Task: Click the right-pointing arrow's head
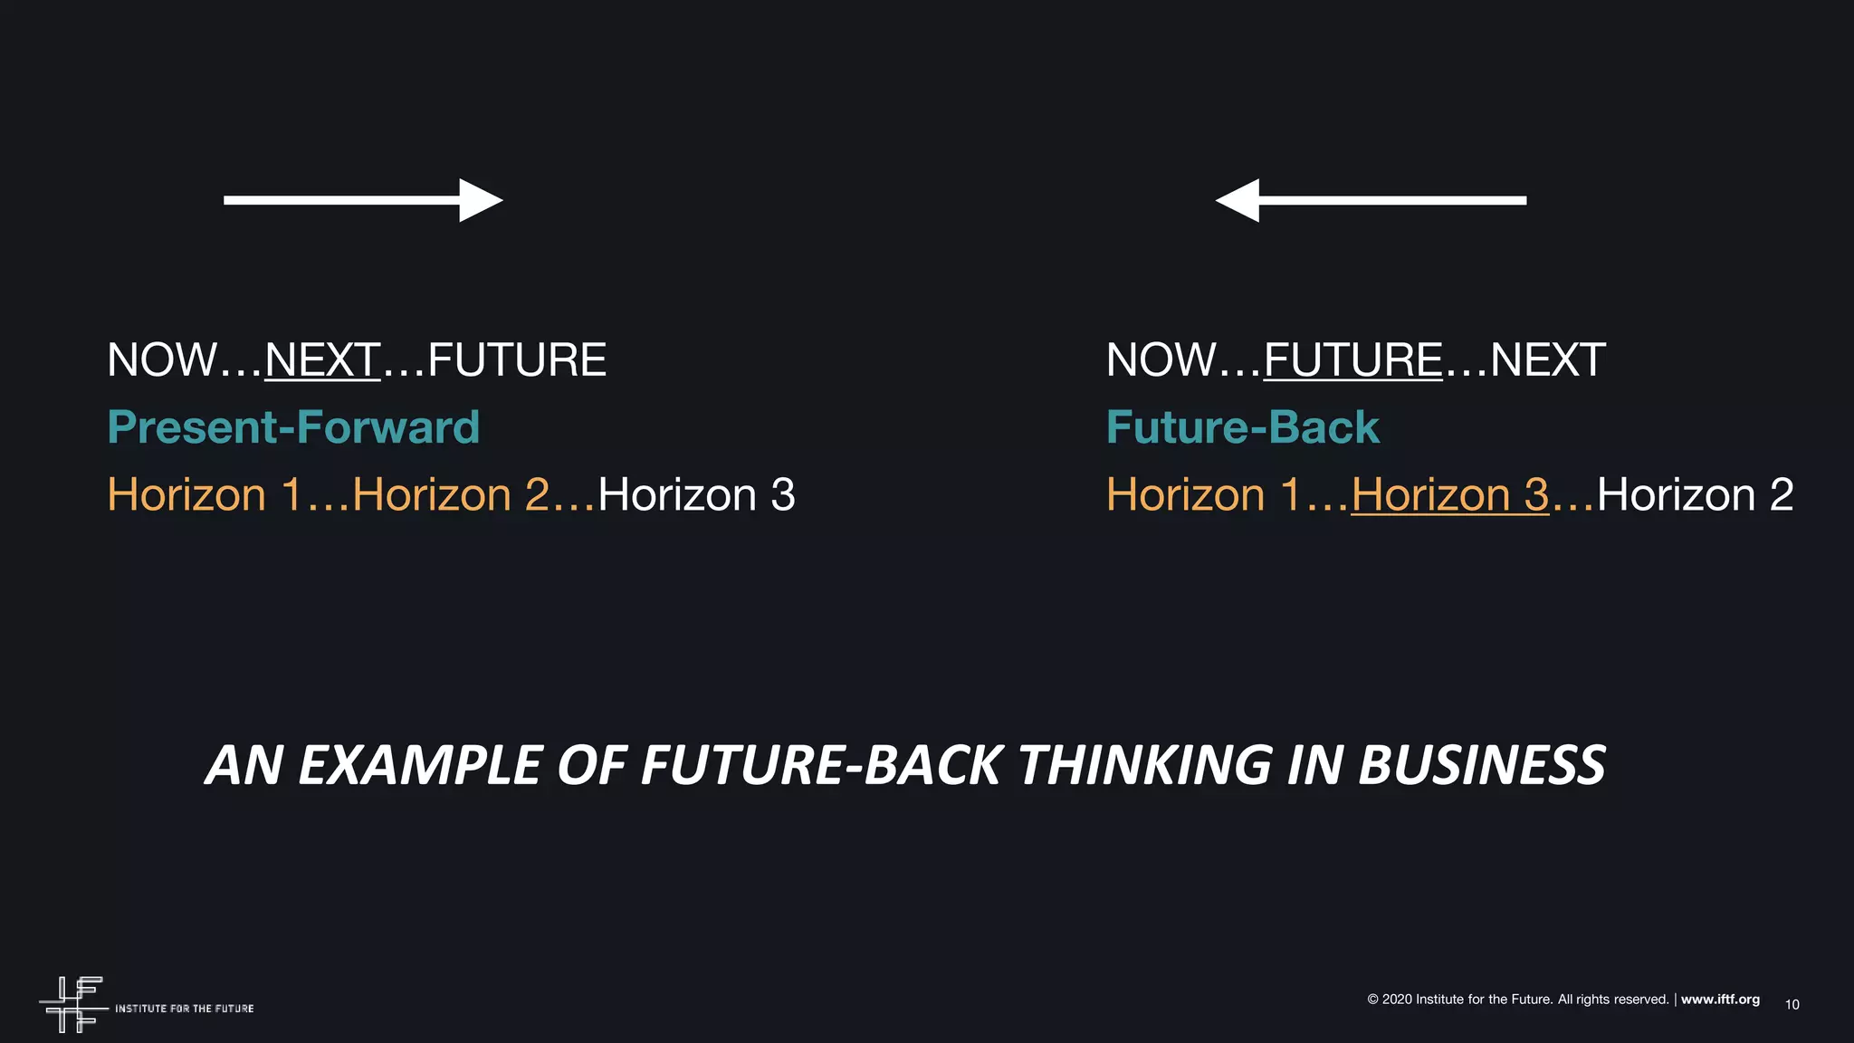[480, 200]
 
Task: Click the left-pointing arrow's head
[1238, 200]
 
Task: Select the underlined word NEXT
[322, 360]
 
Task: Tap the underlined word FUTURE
[1352, 360]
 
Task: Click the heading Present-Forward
[293, 427]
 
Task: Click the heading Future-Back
[1242, 427]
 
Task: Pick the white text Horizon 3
[696, 495]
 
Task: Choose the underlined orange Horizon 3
[1449, 495]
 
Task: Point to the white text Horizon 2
[1695, 495]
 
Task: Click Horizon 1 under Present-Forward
[204, 495]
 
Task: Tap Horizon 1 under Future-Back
[1203, 495]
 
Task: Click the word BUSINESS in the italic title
[1482, 765]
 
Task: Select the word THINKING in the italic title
[1144, 765]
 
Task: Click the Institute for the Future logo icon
[72, 1004]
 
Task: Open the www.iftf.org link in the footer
[1720, 1000]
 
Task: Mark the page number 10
[1792, 1005]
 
